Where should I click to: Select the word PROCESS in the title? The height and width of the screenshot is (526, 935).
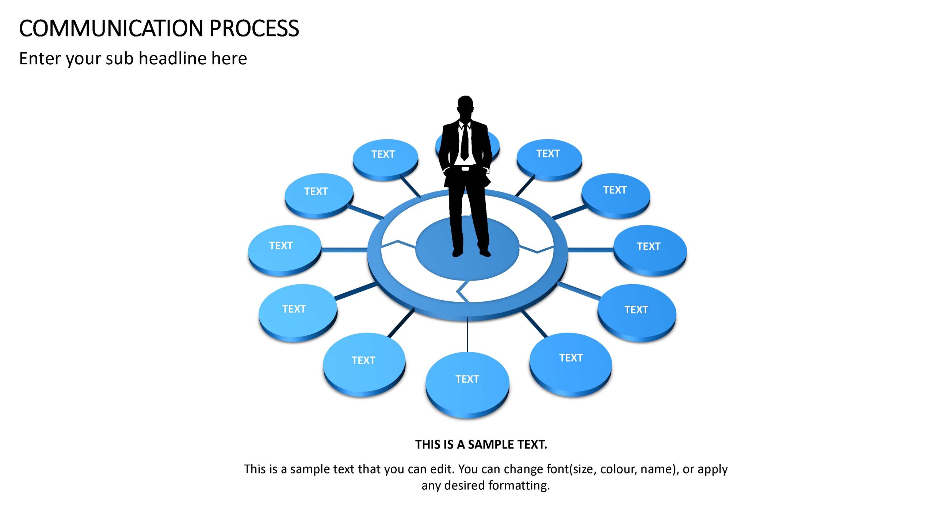click(x=254, y=28)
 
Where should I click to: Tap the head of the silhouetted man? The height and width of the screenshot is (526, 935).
click(x=465, y=107)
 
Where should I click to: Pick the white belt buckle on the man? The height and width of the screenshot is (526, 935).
click(x=465, y=169)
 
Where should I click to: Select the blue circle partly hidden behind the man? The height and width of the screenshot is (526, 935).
click(x=493, y=144)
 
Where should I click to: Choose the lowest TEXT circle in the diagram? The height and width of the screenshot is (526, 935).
click(x=467, y=385)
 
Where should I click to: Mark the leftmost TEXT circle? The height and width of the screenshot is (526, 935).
click(x=285, y=250)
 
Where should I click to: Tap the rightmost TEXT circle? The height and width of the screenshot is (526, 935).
click(x=650, y=250)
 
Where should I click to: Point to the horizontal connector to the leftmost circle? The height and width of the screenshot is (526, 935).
click(x=344, y=250)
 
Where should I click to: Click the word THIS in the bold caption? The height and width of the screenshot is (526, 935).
click(x=428, y=445)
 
